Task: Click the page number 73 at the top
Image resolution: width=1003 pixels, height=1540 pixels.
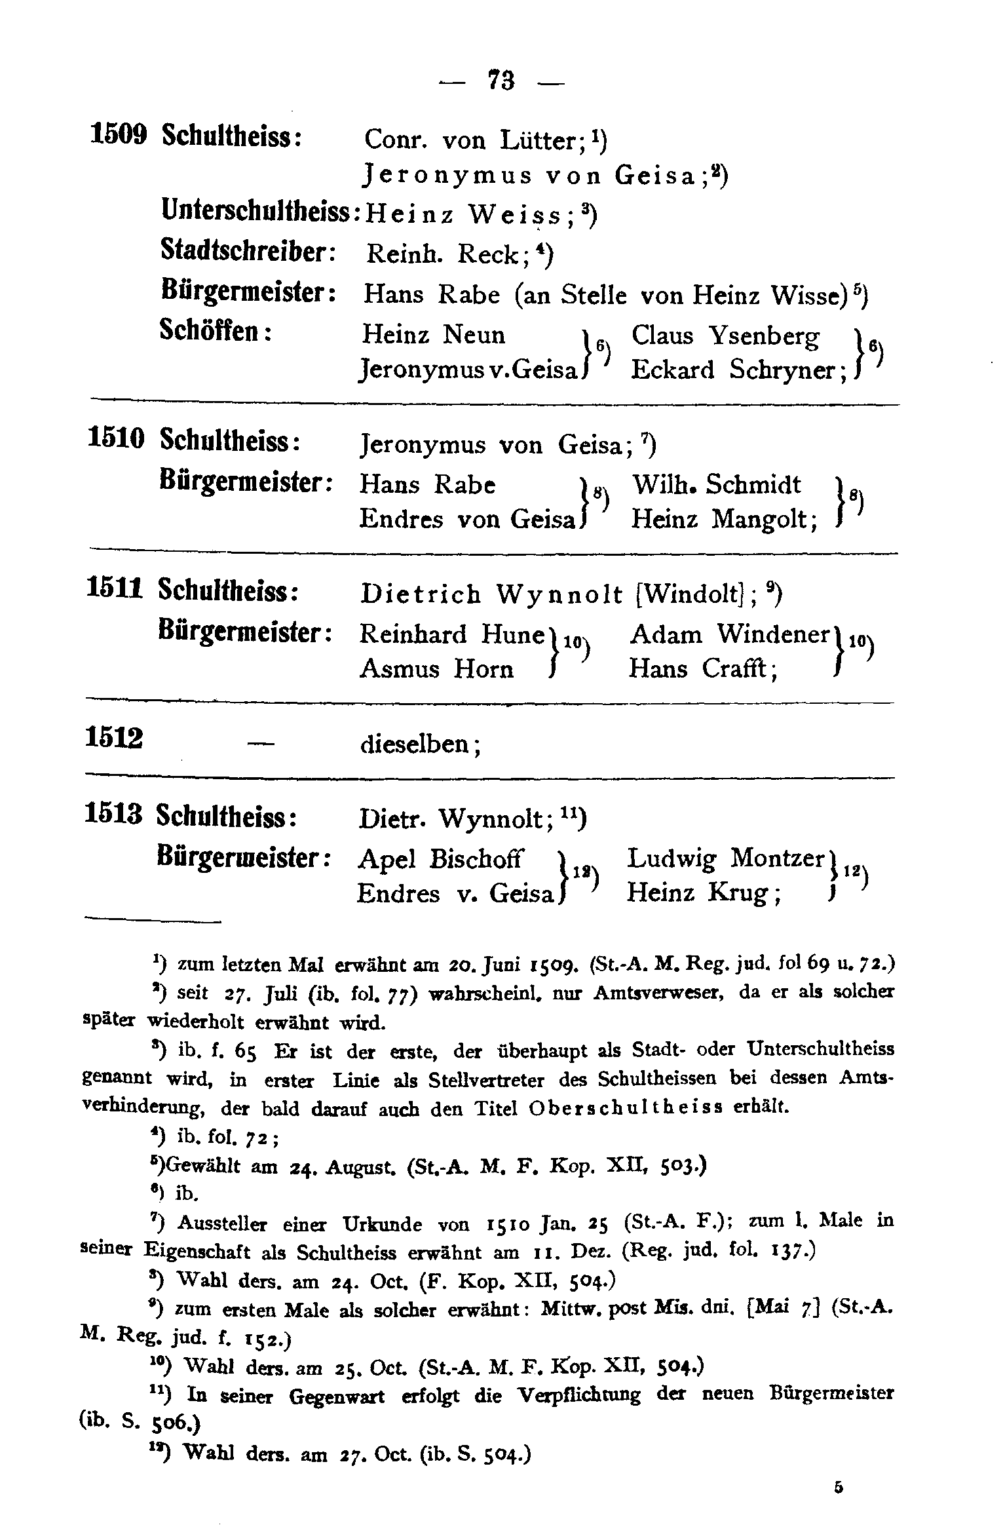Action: tap(501, 81)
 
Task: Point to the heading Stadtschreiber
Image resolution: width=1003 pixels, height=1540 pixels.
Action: tap(248, 252)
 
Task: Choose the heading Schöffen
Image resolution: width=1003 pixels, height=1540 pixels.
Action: tap(216, 332)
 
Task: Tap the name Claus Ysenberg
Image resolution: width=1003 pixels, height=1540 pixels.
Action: tap(725, 336)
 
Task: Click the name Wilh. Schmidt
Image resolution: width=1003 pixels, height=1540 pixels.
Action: tap(715, 485)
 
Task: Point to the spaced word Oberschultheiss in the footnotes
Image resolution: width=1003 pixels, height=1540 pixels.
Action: tap(625, 1108)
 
